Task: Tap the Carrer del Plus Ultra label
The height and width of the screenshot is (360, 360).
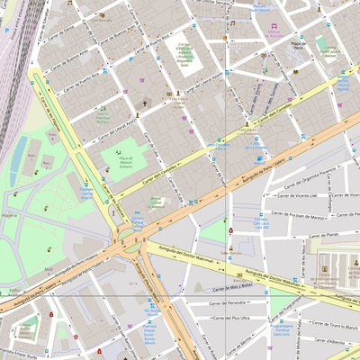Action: coord(229,318)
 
